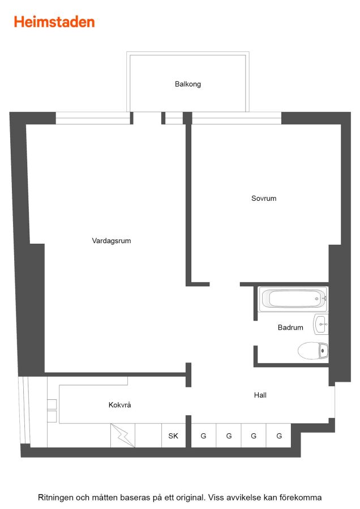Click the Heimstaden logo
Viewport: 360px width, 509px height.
54,22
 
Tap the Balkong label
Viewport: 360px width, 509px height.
188,84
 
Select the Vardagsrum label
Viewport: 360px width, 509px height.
112,241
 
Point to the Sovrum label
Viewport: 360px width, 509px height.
264,199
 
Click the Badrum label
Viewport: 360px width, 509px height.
290,327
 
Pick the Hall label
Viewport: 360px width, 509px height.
260,395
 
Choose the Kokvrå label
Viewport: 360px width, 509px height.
119,405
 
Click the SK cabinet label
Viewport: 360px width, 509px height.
173,436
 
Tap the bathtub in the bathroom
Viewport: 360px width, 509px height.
294,299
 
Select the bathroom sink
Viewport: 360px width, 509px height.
321,324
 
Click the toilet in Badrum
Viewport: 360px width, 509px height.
313,351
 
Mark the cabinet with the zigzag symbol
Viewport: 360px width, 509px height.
123,435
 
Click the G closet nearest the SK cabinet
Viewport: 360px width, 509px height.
203,435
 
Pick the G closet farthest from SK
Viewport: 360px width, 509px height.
278,435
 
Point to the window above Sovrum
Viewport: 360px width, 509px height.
237,118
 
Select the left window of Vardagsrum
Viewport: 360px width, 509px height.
93,118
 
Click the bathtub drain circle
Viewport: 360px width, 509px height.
317,299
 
